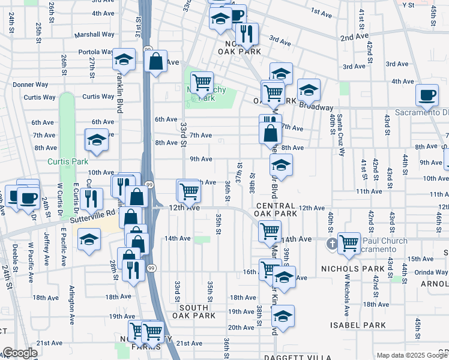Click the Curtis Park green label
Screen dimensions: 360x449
click(x=68, y=161)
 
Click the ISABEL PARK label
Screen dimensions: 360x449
click(x=358, y=325)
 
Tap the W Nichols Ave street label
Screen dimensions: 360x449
click(x=347, y=295)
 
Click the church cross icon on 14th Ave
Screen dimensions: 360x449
click(x=331, y=244)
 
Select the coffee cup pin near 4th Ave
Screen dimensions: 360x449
click(x=427, y=94)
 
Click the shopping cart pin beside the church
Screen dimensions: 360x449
click(x=349, y=242)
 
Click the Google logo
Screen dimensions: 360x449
click(x=19, y=353)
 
